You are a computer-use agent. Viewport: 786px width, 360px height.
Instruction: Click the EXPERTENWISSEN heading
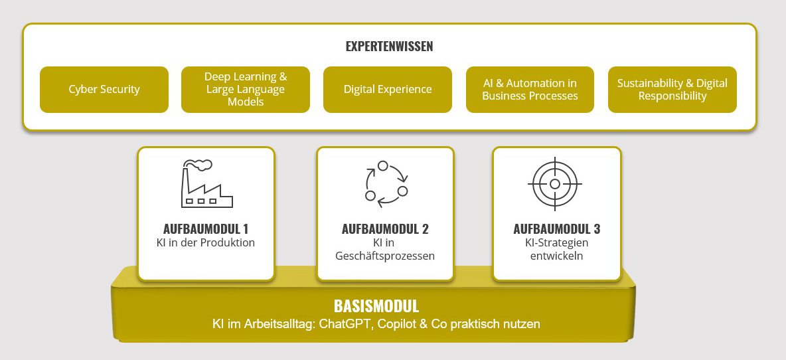pos(389,46)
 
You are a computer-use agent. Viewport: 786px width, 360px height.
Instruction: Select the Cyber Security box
pos(104,90)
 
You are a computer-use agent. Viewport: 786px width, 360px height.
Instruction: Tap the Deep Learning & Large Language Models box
pos(246,90)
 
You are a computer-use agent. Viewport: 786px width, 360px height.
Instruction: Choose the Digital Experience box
pos(388,90)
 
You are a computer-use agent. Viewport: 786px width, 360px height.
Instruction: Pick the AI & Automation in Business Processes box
pos(530,90)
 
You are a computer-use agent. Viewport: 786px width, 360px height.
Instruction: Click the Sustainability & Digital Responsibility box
pos(672,90)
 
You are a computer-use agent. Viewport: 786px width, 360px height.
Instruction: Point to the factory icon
pos(206,183)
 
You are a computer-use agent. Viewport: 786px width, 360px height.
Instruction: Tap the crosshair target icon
pos(554,184)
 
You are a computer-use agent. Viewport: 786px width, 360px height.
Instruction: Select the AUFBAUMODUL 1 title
pos(206,229)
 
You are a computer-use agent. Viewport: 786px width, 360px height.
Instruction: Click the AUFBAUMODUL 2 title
pos(385,229)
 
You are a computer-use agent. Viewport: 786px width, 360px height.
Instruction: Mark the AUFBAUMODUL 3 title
pos(557,229)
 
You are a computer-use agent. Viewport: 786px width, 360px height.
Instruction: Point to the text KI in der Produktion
pos(206,243)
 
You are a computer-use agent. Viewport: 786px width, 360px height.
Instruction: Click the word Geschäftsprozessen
pos(385,256)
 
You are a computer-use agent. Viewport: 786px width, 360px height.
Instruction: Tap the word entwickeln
pos(557,256)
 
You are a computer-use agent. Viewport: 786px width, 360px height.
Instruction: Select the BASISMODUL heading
pos(376,306)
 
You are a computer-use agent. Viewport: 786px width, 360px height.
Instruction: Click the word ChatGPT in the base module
pos(346,324)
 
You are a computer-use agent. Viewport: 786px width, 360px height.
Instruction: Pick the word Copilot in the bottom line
pos(396,324)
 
